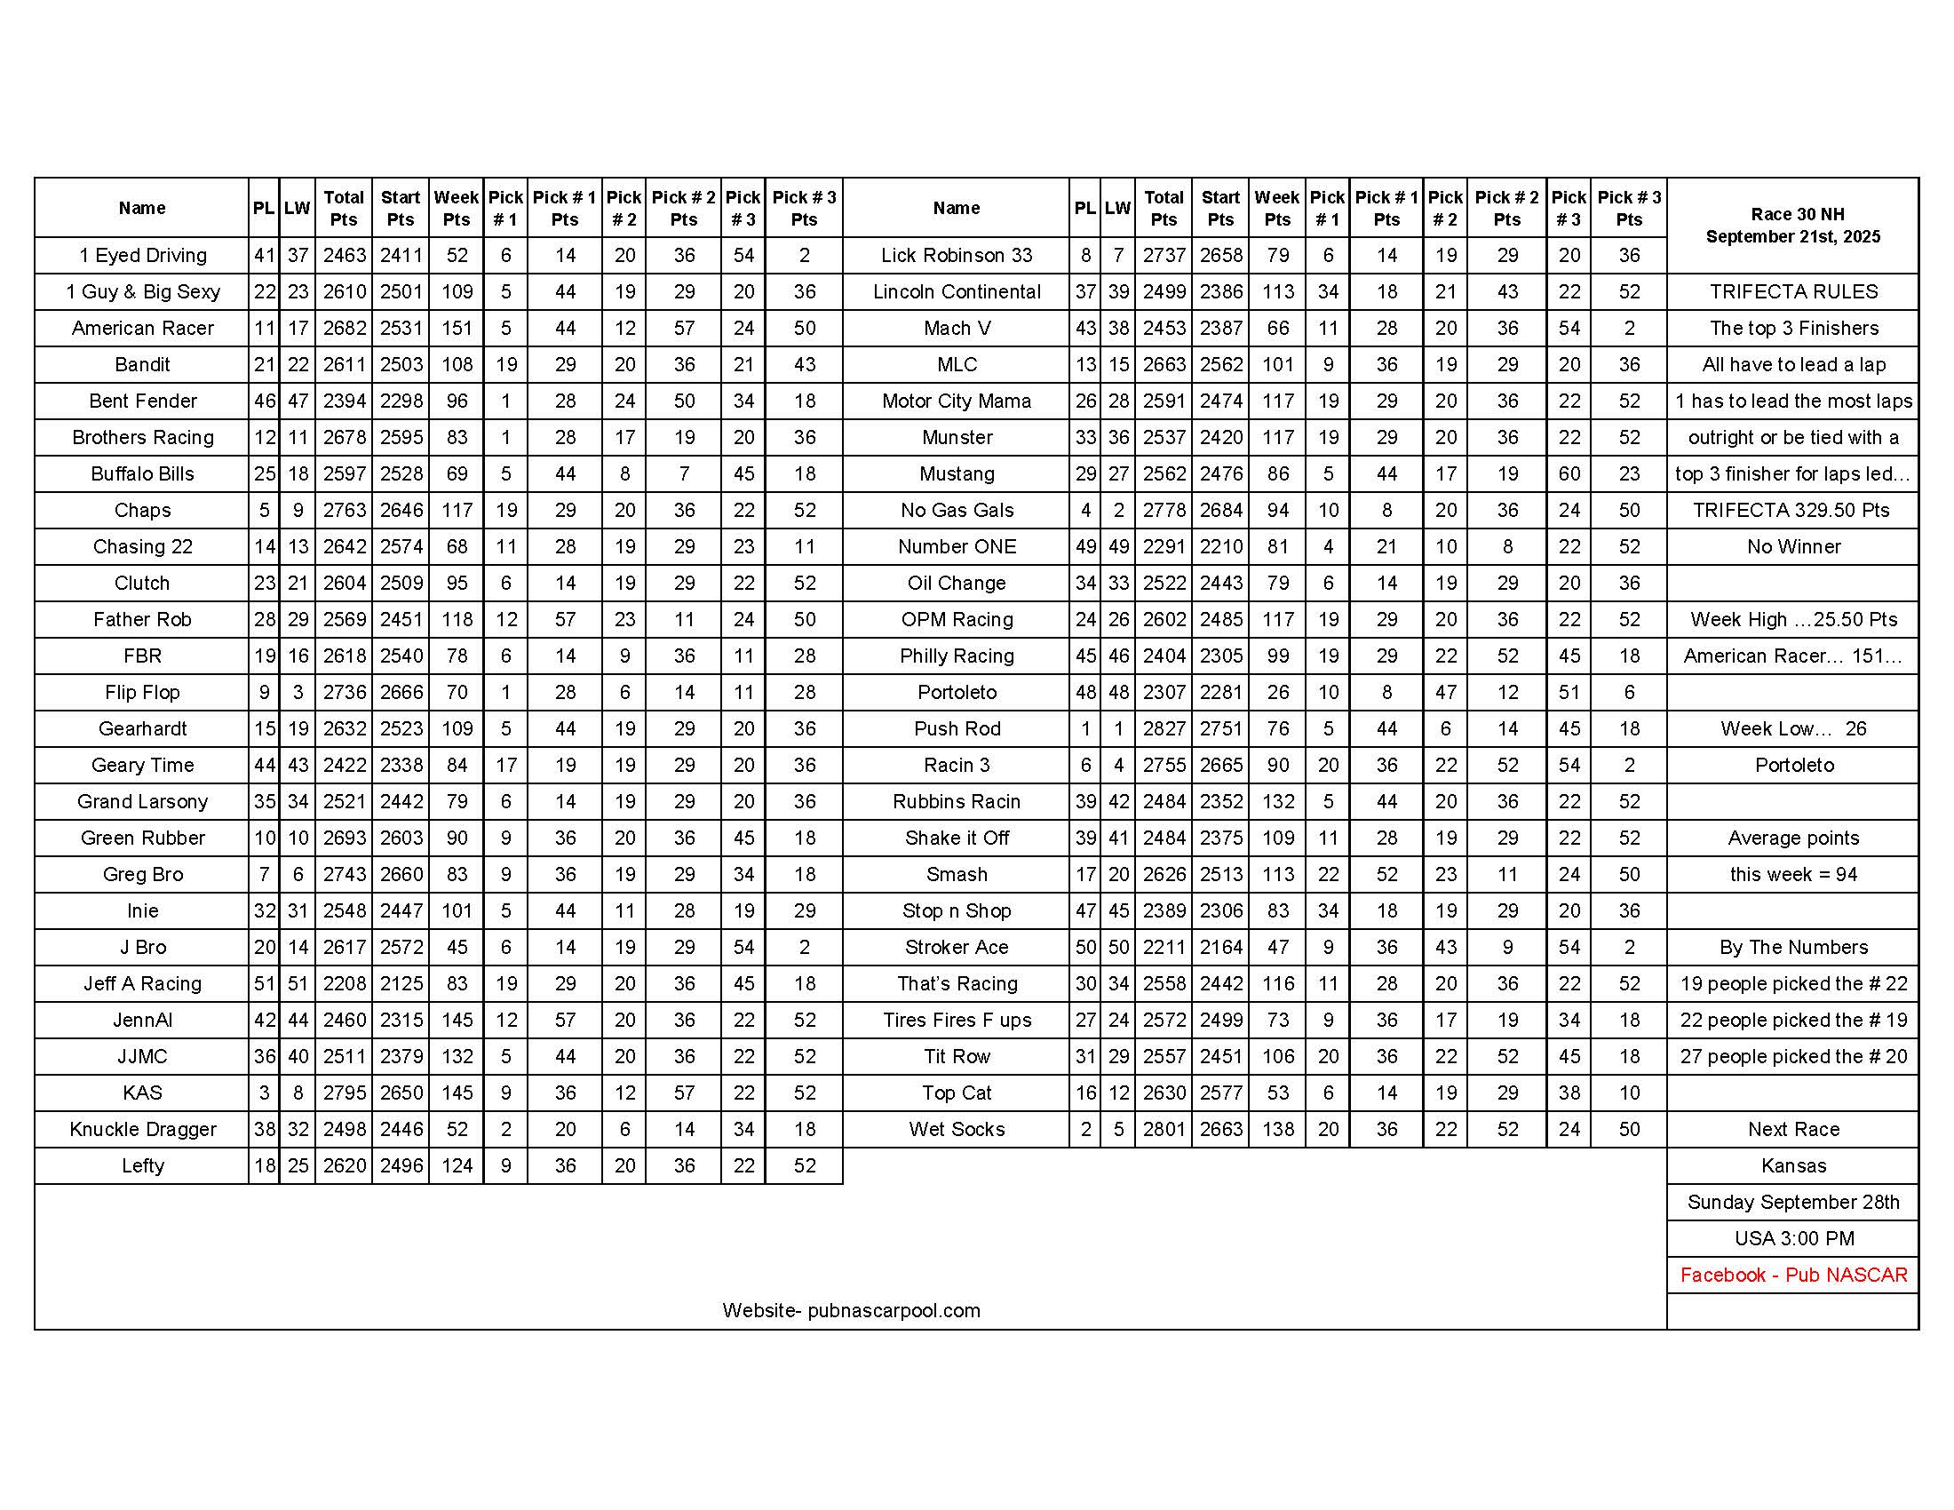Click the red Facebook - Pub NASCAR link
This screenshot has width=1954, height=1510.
pos(1793,1275)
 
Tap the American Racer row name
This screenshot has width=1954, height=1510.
pos(142,329)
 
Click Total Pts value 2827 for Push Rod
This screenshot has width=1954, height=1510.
pos(1164,729)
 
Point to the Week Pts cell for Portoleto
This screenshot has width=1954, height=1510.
pos(1277,693)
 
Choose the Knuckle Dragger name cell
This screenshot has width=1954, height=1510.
pos(142,1130)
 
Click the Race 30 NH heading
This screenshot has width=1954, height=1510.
pos(1792,215)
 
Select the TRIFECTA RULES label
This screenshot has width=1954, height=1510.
pos(1793,291)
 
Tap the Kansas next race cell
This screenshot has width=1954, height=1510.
pos(1793,1165)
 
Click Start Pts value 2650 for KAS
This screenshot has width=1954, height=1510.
pos(401,1093)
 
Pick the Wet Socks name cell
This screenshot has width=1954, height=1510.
pos(957,1130)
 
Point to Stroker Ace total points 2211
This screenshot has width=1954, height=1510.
pos(1164,948)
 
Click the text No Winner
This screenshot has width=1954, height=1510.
pos(1793,546)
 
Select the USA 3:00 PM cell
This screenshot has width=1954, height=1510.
pos(1793,1239)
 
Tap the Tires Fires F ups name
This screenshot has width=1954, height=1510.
pos(957,1021)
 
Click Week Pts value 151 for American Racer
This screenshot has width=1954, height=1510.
pos(457,329)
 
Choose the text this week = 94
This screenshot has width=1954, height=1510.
pos(1793,875)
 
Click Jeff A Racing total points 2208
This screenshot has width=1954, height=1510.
pos(345,984)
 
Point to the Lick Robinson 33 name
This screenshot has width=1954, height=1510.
pos(957,256)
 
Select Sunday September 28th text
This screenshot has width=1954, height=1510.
pos(1793,1203)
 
